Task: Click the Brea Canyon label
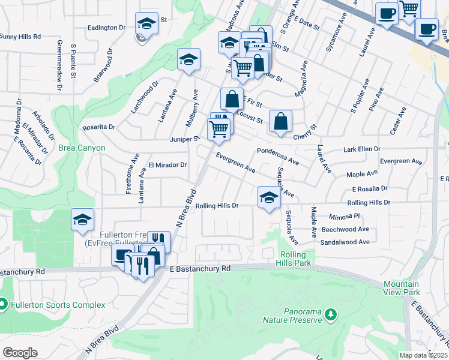(x=82, y=148)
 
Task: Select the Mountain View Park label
(x=402, y=287)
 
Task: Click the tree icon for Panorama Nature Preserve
(x=330, y=314)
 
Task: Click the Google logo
(x=20, y=352)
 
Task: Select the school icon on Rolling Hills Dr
(x=268, y=197)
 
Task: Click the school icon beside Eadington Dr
(x=146, y=24)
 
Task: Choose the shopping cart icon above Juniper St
(x=218, y=128)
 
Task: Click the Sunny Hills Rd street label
(x=20, y=37)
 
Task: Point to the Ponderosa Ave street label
(x=277, y=157)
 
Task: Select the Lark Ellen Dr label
(x=362, y=149)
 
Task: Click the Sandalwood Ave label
(x=345, y=242)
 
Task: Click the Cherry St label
(x=304, y=136)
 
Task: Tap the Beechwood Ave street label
(x=345, y=229)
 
